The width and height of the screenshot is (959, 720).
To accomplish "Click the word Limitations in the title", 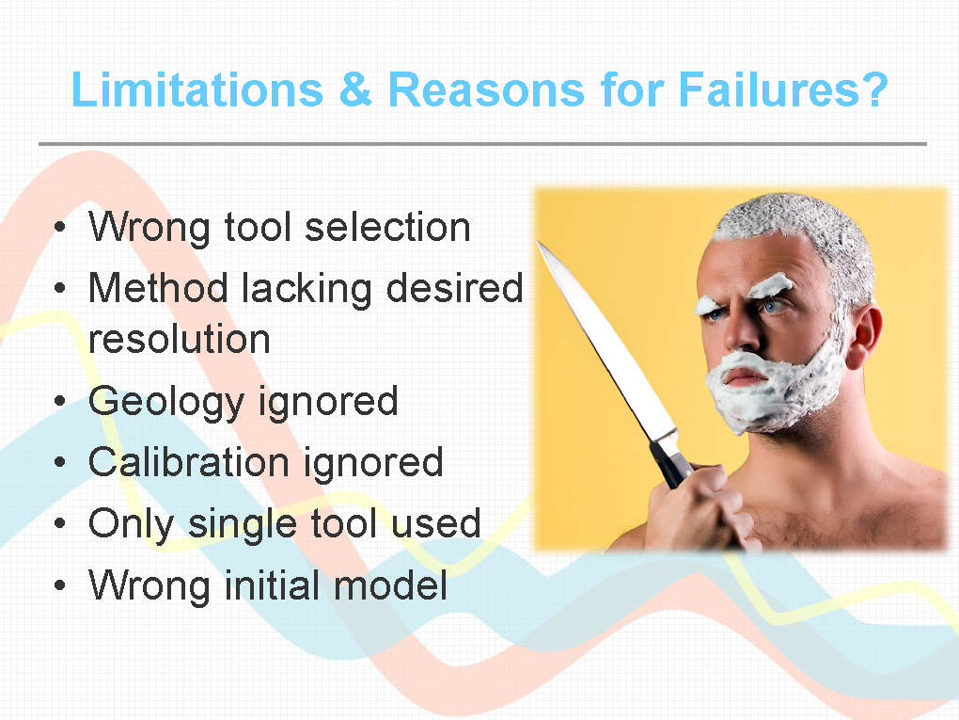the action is (x=197, y=89).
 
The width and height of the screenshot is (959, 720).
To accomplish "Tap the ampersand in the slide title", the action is (x=355, y=89).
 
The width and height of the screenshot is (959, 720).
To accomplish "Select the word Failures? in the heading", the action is (x=783, y=89).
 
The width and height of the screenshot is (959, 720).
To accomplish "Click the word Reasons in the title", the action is (x=487, y=89).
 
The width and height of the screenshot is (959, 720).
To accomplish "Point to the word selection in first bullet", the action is (x=387, y=227).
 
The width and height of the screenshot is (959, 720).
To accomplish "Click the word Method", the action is (x=158, y=287).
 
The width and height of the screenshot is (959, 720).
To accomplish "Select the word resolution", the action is (x=180, y=339).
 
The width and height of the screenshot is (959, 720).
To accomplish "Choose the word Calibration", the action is (x=188, y=461).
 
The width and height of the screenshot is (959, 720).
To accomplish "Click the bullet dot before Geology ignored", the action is (x=59, y=402).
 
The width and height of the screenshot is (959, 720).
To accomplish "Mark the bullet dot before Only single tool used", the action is (x=59, y=524).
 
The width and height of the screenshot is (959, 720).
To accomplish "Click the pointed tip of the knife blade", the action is (x=538, y=242).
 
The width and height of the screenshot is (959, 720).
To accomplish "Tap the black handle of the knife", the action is (x=671, y=462).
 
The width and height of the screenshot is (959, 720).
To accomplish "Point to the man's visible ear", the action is (x=865, y=335).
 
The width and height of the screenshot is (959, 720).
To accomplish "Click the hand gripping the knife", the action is (x=699, y=509).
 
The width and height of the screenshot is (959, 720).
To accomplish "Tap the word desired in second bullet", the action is (x=454, y=287).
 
